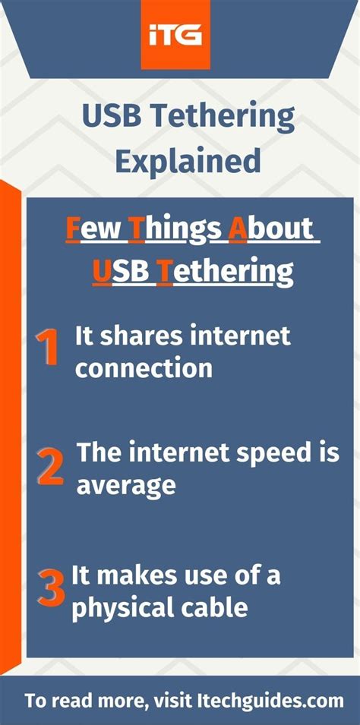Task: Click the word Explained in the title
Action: (179, 161)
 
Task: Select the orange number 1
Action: (48, 347)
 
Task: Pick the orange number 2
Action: (49, 466)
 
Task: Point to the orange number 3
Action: (52, 588)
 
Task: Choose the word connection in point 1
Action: (143, 369)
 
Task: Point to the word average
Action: (126, 485)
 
